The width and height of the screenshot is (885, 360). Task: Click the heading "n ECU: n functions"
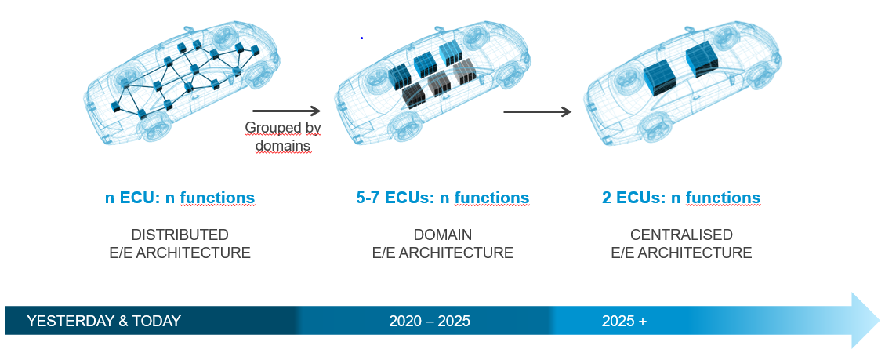180,198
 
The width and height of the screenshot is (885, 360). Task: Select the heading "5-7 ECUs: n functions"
442,198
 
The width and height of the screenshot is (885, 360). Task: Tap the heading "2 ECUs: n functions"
681,198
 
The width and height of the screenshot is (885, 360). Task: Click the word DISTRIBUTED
180,235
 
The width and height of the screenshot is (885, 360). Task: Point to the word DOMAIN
443,235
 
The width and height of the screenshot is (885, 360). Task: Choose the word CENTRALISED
681,235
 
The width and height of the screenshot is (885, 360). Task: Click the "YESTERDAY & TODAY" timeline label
103,322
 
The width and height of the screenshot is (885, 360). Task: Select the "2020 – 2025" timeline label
430,322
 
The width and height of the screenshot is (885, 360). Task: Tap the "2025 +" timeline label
624,322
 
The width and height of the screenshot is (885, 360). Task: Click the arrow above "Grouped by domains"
287,111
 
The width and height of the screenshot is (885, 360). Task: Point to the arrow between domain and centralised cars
538,111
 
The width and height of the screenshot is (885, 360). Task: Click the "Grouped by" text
283,128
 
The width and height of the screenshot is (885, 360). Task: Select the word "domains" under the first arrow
283,145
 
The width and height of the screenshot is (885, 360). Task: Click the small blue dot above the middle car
361,38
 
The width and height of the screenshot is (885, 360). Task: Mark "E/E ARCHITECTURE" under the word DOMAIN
443,253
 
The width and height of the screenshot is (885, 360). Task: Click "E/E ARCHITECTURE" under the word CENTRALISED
681,253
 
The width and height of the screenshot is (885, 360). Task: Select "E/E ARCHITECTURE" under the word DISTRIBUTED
180,253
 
